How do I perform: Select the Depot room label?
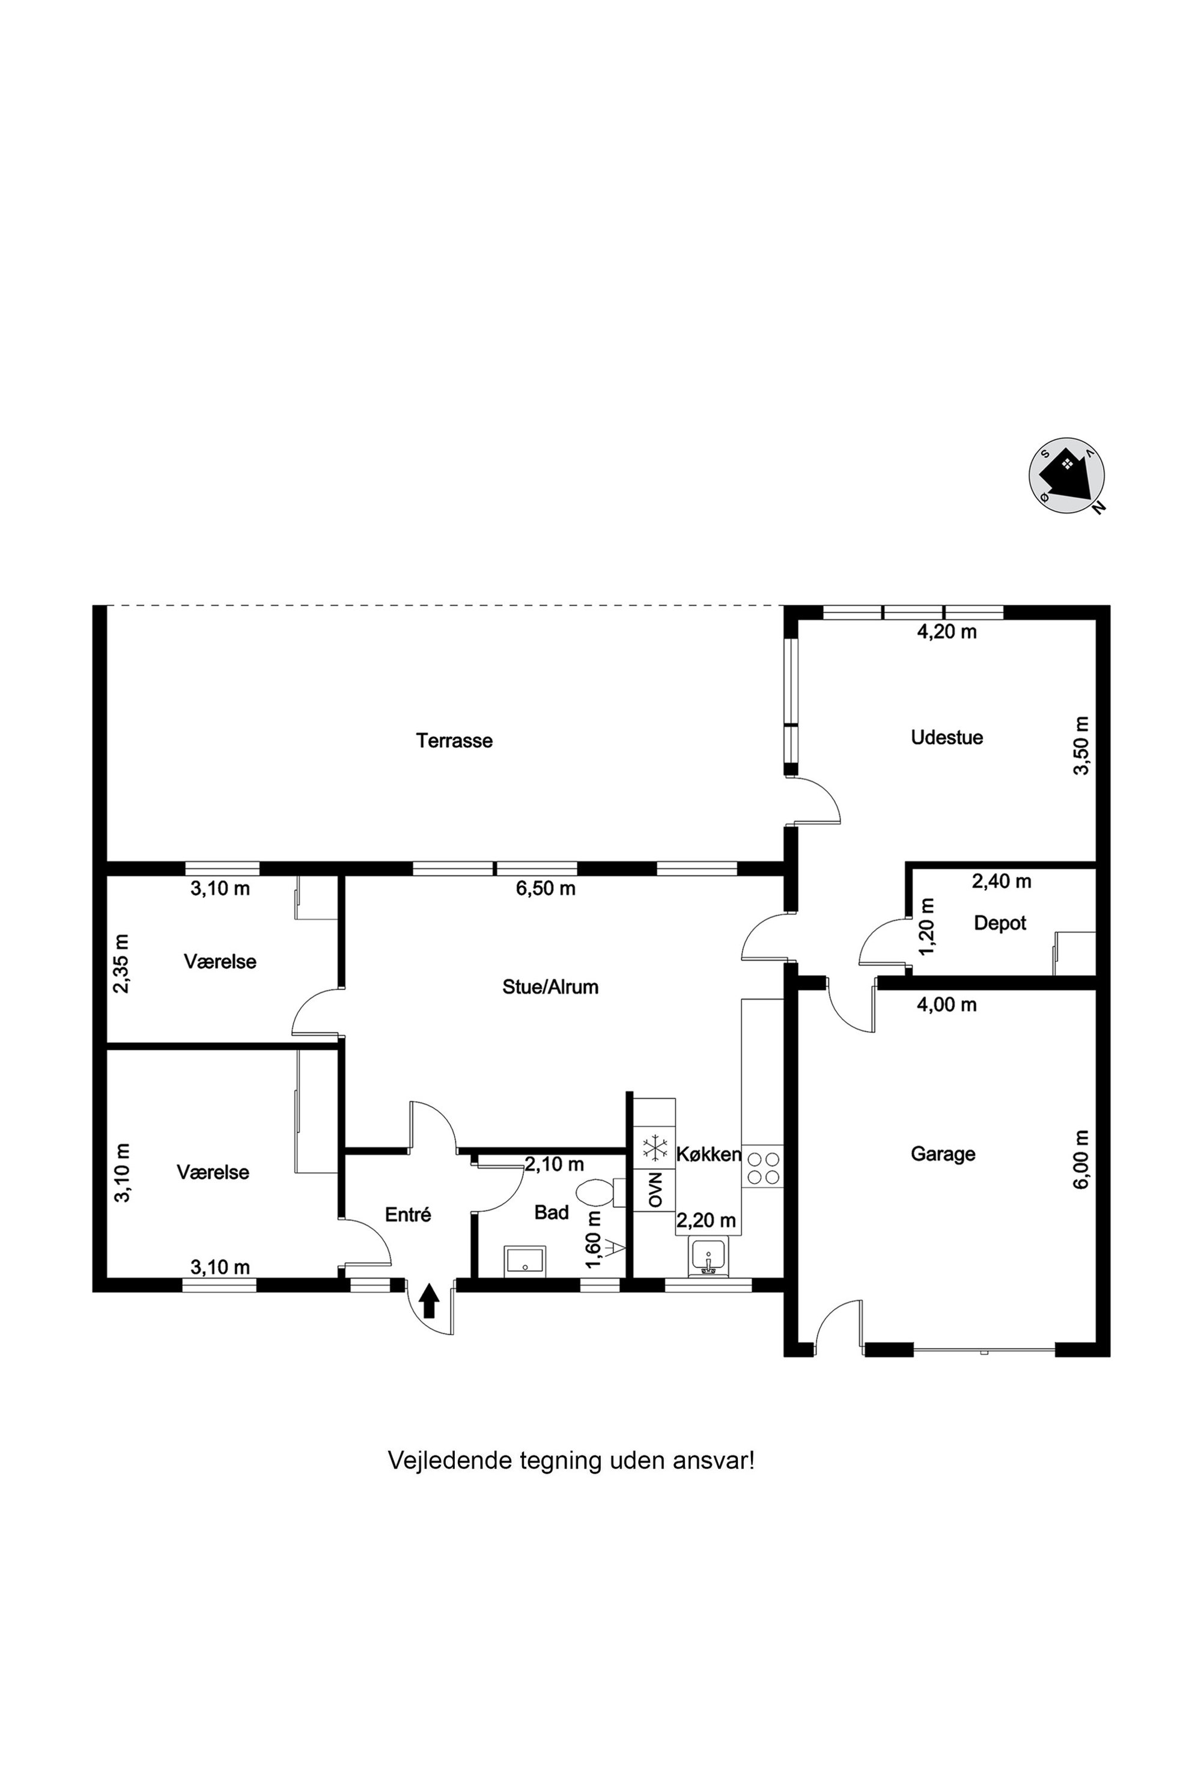1000,923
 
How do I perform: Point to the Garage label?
943,1155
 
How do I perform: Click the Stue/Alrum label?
550,987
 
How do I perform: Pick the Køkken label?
708,1155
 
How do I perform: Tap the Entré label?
408,1215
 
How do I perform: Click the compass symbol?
1066,476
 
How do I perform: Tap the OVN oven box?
654,1190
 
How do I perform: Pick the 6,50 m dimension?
546,888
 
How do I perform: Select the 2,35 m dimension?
121,963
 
